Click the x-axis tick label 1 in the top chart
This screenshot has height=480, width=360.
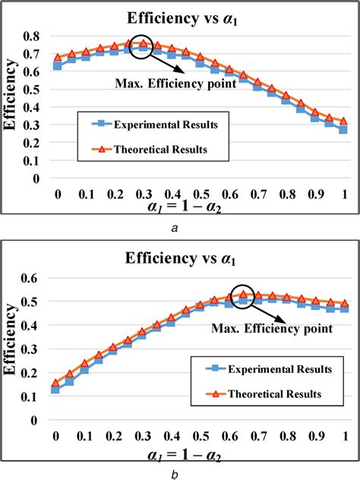[x=344, y=194]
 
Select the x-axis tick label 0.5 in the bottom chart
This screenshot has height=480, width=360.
[x=200, y=437]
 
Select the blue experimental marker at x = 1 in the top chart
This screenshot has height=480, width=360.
[x=343, y=130]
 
